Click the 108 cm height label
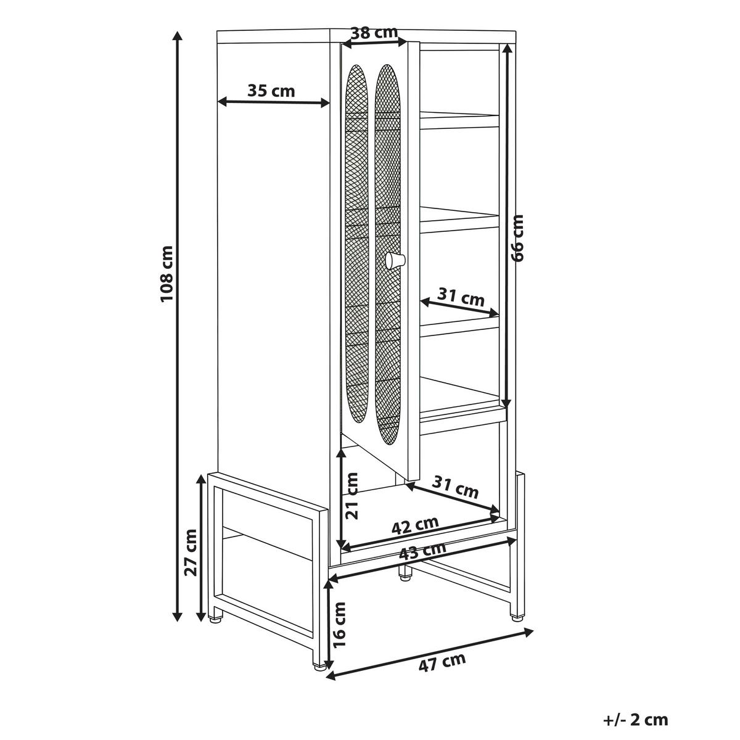pyautogui.click(x=168, y=273)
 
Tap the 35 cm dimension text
pyautogui.click(x=271, y=91)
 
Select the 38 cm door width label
pyautogui.click(x=374, y=33)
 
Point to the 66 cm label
pyautogui.click(x=518, y=238)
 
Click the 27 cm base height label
pyautogui.click(x=191, y=553)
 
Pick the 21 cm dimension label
pyautogui.click(x=351, y=495)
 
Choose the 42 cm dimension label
pyautogui.click(x=415, y=526)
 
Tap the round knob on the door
pyautogui.click(x=395, y=260)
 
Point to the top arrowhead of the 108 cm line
pyautogui.click(x=177, y=36)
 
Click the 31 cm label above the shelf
pyautogui.click(x=461, y=297)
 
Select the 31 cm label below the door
pyautogui.click(x=456, y=487)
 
